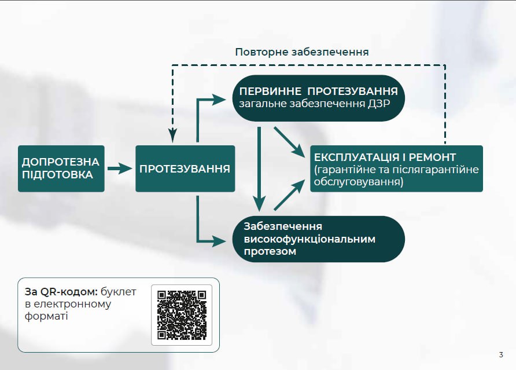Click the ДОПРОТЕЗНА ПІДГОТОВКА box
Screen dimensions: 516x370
[x=61, y=168]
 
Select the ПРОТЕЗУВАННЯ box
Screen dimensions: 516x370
[x=185, y=168]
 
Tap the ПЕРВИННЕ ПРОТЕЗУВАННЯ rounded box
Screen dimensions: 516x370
[x=319, y=98]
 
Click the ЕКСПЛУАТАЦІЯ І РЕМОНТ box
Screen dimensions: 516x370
[x=396, y=168]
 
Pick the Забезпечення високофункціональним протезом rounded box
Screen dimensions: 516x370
[x=319, y=239]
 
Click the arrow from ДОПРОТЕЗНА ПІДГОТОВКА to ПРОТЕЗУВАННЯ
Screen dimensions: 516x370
[x=120, y=168]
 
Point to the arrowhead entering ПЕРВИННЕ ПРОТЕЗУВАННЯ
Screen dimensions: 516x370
[x=219, y=99]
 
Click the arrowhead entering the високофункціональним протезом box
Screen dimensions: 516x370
[x=219, y=241]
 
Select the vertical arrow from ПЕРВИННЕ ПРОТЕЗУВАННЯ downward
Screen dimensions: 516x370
[x=259, y=168]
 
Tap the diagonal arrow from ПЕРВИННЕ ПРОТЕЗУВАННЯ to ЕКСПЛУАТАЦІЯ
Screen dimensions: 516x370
[x=289, y=142]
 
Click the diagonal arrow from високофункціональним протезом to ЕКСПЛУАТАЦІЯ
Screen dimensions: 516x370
[x=289, y=195]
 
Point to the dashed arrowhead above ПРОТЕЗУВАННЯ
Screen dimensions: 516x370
[x=172, y=136]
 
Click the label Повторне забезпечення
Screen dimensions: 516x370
[x=302, y=52]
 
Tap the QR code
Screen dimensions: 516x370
[x=182, y=315]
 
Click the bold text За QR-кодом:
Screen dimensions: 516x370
[x=61, y=292]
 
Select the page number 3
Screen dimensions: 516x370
[x=501, y=355]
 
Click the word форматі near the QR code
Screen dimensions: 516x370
[x=46, y=316]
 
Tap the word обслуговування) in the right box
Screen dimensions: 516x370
[x=359, y=182]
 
